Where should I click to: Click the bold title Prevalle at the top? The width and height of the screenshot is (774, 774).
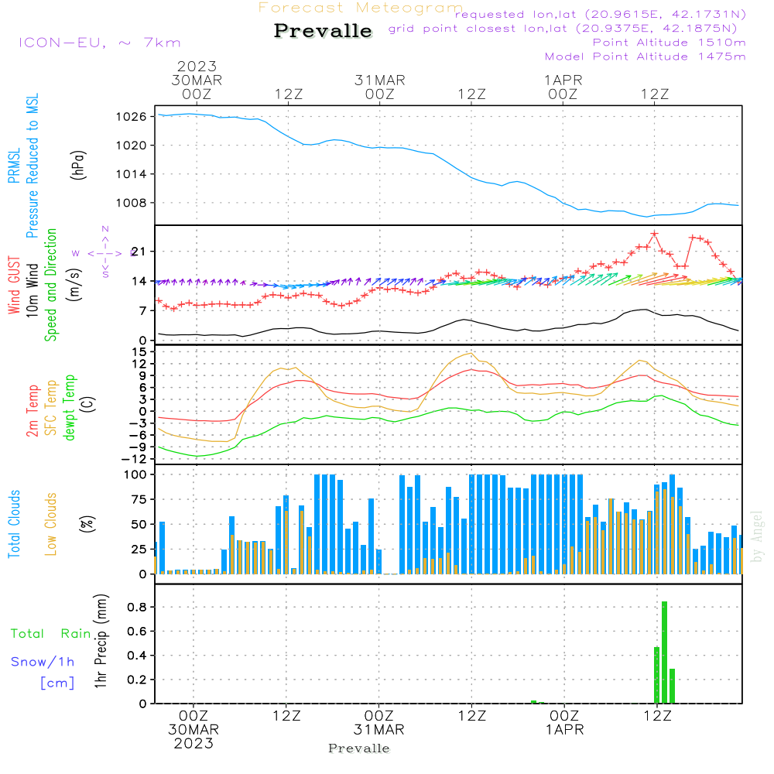[x=323, y=31]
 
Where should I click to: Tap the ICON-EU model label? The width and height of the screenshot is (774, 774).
[x=99, y=43]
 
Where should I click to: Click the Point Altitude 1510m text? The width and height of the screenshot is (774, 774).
[x=669, y=43]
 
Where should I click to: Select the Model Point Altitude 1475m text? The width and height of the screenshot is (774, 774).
[x=645, y=57]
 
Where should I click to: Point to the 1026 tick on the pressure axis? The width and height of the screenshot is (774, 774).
[x=133, y=117]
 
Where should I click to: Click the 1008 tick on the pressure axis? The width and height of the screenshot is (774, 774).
[x=133, y=204]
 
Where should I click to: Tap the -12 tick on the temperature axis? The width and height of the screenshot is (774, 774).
[x=135, y=459]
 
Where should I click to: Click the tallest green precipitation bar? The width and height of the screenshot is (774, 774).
[x=664, y=652]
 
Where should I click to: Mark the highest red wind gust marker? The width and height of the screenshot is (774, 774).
[x=655, y=233]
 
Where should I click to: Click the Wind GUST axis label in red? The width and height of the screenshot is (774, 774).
[x=14, y=287]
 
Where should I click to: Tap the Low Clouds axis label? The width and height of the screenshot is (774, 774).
[x=51, y=522]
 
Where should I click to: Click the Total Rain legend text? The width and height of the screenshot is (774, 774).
[x=51, y=634]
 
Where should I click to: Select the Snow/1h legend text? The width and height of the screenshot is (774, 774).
[x=43, y=662]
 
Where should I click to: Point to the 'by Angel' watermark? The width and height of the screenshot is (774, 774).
[x=757, y=537]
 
